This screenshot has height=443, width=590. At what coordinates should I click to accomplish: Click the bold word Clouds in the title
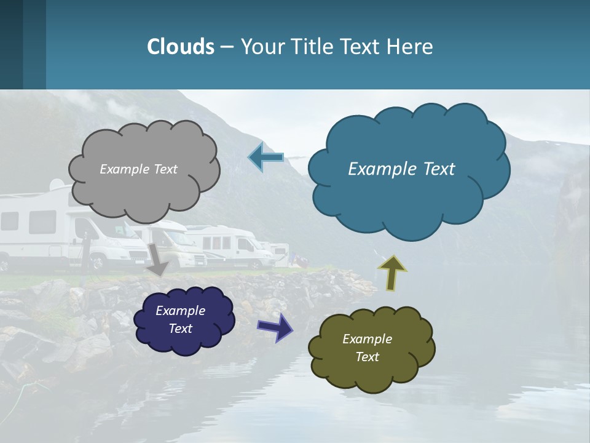point(181,47)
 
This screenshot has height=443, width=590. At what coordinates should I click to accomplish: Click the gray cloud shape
point(144,191)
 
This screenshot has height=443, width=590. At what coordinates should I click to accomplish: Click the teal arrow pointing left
point(266,158)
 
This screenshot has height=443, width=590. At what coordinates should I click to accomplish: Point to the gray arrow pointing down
point(158,259)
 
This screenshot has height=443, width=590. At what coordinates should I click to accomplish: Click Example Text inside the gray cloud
point(138,169)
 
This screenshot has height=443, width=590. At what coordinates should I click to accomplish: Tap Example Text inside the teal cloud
point(401,169)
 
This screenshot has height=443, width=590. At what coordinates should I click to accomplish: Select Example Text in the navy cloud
point(181,319)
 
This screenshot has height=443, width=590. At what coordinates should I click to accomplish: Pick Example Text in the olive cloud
point(367,348)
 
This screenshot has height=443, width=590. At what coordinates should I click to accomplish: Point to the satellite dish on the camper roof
point(56,184)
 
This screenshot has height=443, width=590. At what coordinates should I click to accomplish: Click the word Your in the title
point(263,47)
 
